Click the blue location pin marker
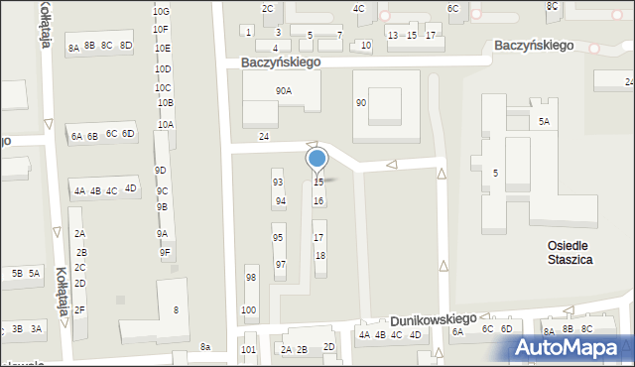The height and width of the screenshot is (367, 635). [317, 159]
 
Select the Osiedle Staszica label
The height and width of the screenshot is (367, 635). [569, 252]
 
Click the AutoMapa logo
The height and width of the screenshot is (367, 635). [573, 348]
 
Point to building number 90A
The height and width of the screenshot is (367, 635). [284, 91]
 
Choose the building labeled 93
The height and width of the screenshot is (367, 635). [279, 183]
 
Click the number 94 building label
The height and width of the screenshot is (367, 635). [281, 200]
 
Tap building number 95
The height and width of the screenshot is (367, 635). [279, 238]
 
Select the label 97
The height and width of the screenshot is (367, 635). [281, 265]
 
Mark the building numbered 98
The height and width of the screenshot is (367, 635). [251, 278]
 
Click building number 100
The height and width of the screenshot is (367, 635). [248, 310]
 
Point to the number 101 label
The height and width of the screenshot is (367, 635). [248, 350]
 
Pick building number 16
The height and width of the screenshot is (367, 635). [318, 201]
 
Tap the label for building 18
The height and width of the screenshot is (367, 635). [319, 256]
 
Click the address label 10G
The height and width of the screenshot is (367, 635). [161, 11]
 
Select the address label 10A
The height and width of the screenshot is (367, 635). [166, 125]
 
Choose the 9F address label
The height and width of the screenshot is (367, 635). [165, 253]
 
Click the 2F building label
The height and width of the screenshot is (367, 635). [80, 310]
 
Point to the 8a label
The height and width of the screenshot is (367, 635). [205, 347]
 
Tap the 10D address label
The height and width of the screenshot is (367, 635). [164, 69]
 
